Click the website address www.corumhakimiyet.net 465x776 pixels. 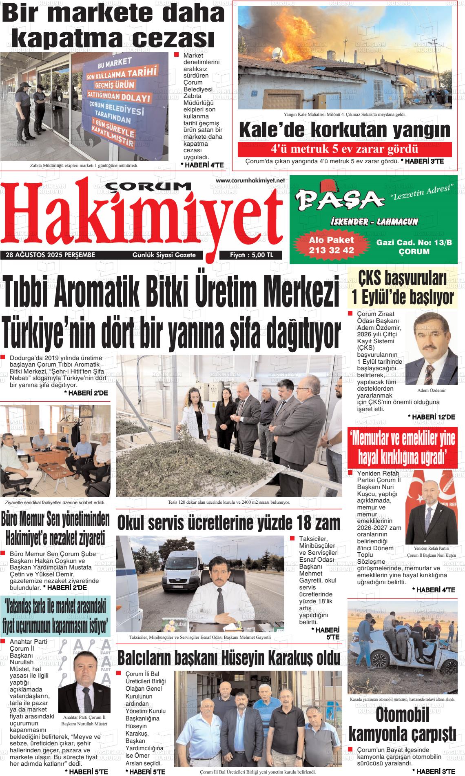click(250, 180)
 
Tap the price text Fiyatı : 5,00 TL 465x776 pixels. click(252, 255)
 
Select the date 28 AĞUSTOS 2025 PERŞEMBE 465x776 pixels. click(51, 255)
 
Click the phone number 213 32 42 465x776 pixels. click(331, 250)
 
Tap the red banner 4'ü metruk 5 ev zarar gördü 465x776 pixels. click(345, 149)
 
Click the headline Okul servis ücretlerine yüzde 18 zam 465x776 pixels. click(228, 523)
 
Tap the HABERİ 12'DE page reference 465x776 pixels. click(431, 417)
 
